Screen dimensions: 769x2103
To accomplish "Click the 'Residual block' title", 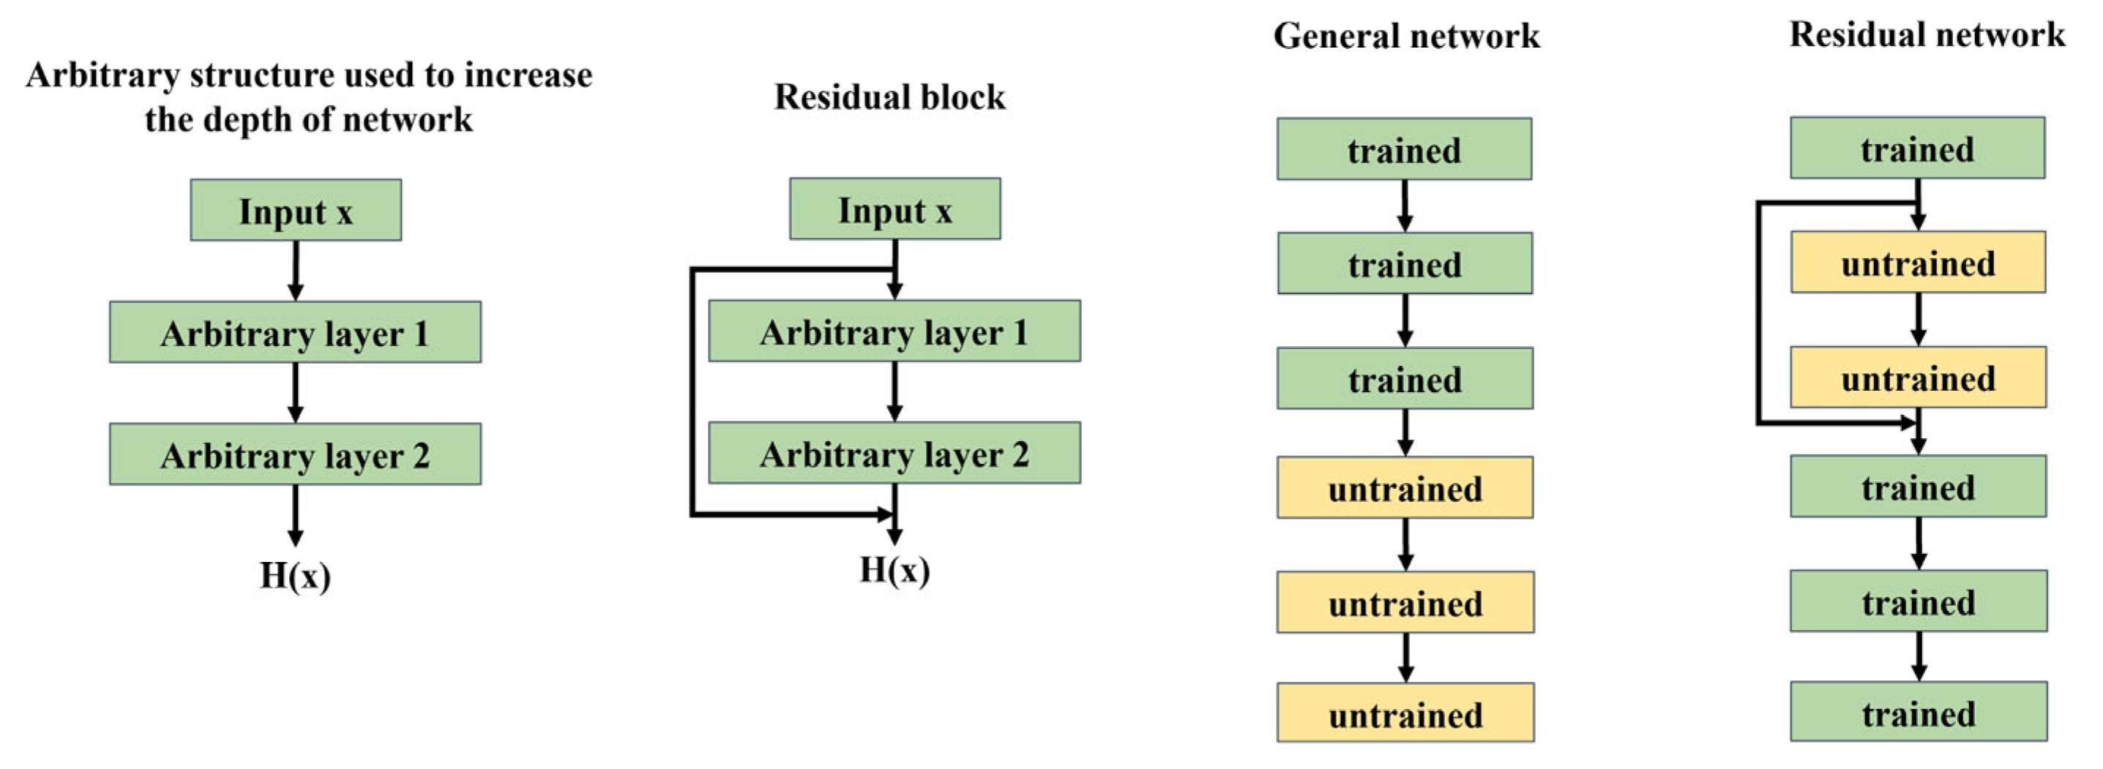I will (x=889, y=97).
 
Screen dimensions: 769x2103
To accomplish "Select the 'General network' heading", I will (x=1406, y=37).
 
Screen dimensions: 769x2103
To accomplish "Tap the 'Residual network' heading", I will (x=1927, y=35).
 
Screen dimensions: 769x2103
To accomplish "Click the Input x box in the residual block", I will (x=894, y=210).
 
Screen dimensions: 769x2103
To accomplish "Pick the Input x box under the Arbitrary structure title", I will (x=296, y=211).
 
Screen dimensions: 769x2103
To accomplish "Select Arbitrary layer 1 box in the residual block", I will (x=894, y=331).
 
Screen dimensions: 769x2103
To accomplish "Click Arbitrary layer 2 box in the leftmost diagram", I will (x=295, y=454).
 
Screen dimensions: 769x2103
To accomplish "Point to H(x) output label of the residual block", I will (x=894, y=570).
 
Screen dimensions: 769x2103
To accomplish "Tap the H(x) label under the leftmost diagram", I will (x=295, y=576).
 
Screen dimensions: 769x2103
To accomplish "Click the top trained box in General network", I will (x=1404, y=149).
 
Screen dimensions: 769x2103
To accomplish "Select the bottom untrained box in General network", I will (x=1405, y=713).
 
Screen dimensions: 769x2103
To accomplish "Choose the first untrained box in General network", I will (x=1405, y=488).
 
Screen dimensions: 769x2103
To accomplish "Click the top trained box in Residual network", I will (x=1918, y=149).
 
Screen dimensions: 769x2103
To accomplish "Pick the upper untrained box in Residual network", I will (x=1918, y=263).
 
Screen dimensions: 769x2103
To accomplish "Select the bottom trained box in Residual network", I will (x=1919, y=713).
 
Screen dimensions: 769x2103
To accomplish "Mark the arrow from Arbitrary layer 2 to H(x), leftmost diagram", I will (x=296, y=514).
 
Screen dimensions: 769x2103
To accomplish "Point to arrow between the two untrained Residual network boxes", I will (x=1919, y=318).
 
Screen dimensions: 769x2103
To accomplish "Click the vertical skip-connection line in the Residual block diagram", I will (x=692, y=392).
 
